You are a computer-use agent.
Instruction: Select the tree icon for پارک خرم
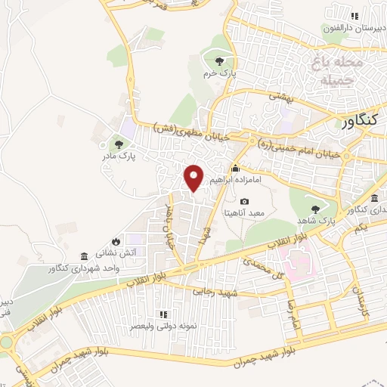pyautogui.click(x=219, y=61)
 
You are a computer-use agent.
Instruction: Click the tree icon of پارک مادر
pyautogui.click(x=117, y=141)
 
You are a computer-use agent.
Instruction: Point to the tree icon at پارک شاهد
pyautogui.click(x=315, y=208)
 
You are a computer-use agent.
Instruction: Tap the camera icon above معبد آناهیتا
pyautogui.click(x=244, y=201)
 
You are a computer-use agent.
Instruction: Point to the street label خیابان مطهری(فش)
pyautogui.click(x=181, y=128)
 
